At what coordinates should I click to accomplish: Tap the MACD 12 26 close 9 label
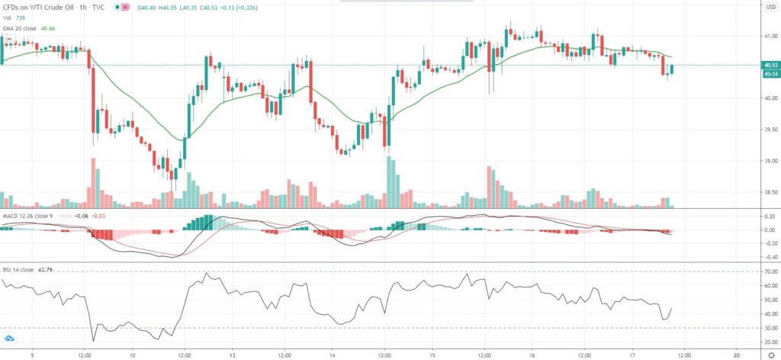click(28, 216)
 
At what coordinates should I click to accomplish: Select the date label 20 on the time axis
click(737, 354)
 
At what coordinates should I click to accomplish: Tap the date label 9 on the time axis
click(32, 354)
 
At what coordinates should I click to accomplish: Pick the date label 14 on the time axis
click(334, 354)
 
